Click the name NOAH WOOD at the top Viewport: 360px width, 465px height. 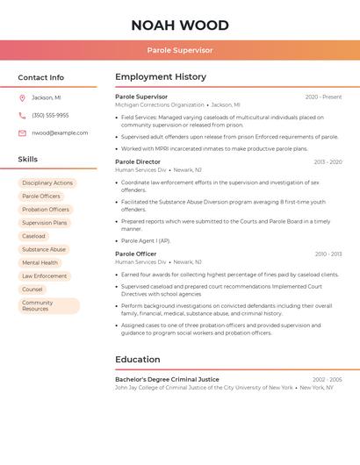[180, 25]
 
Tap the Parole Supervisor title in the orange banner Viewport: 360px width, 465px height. [180, 51]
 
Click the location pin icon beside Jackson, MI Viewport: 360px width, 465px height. [22, 97]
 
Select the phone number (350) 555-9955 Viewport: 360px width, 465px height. [50, 115]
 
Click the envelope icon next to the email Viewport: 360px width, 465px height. [22, 132]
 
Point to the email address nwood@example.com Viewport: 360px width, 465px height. [60, 132]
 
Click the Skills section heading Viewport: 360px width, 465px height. [28, 160]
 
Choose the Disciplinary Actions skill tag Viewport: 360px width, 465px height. [47, 183]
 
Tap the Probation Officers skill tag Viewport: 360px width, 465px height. [46, 210]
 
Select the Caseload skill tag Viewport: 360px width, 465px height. [33, 236]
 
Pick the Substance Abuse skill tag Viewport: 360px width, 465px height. [44, 249]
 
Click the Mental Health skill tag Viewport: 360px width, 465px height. [40, 262]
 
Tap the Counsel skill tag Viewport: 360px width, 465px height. [32, 289]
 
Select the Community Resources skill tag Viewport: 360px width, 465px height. [48, 305]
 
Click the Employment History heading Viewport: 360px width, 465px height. [161, 77]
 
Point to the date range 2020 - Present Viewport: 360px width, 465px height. [323, 97]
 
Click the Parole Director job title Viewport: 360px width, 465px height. [138, 161]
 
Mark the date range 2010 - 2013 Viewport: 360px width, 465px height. [328, 254]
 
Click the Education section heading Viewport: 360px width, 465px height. [138, 359]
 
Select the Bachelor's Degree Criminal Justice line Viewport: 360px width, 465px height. [167, 379]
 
